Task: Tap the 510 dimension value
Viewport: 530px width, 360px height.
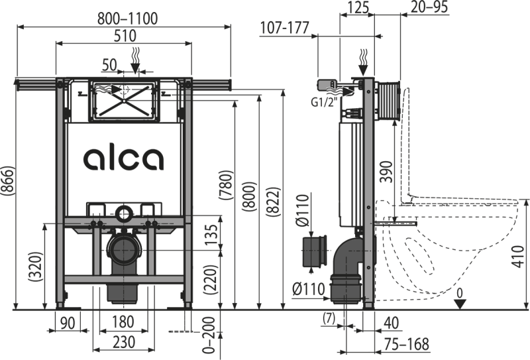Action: [125, 34]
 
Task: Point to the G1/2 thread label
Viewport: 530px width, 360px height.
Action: [321, 101]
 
